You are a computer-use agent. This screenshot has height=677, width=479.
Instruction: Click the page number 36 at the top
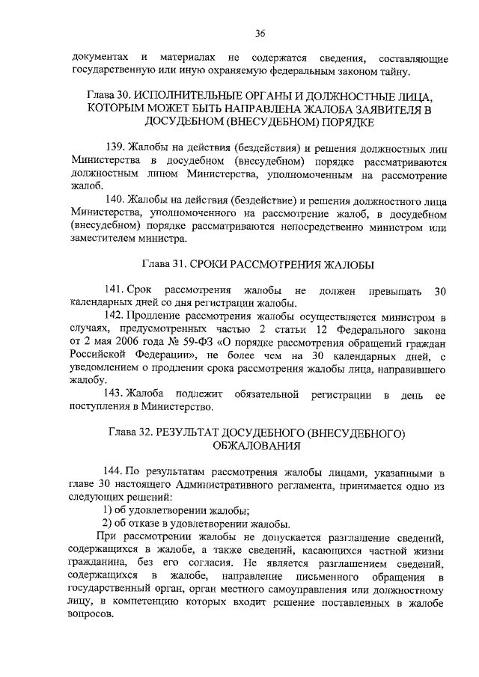click(x=260, y=32)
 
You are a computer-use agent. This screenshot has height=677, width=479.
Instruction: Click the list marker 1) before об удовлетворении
click(x=107, y=509)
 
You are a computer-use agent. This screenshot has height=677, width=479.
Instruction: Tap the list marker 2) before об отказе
click(x=107, y=523)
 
